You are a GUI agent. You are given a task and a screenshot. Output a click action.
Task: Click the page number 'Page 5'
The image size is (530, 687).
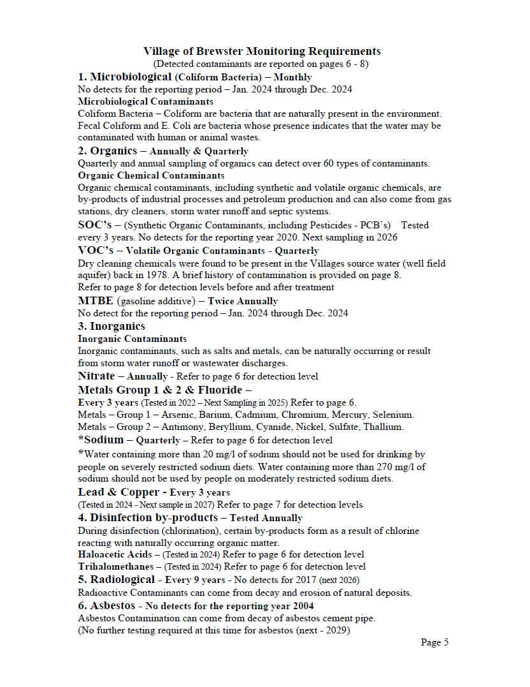434,642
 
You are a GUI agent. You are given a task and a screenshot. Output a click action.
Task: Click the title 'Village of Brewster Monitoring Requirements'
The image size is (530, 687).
262,52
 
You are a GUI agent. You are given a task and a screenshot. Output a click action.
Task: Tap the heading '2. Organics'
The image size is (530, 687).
107,151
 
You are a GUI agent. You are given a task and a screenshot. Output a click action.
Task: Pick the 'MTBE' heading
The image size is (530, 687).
96,300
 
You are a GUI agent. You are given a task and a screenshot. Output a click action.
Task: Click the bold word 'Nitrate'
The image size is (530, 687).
96,376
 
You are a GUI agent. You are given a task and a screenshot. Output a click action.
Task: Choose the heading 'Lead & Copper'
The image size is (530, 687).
118,492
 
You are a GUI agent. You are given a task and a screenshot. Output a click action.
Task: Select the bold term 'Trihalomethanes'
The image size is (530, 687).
116,566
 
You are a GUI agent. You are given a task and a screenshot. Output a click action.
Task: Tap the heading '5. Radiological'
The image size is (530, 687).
116,580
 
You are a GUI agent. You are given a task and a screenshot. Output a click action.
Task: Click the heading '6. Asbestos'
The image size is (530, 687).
106,605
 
